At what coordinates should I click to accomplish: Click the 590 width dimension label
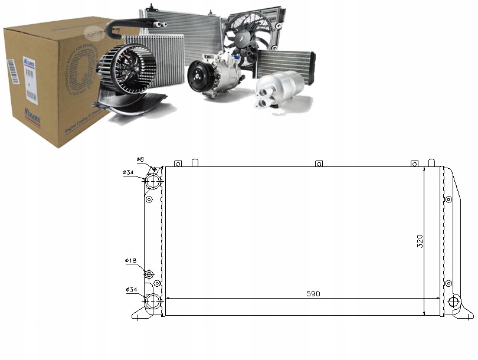coord(313,293)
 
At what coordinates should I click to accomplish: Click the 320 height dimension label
coord(420,241)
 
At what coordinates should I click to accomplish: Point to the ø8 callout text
coord(140,159)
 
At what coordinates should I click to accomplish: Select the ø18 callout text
coord(130,260)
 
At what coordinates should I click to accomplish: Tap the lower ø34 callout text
coord(130,289)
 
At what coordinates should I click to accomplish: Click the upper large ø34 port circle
coord(153,181)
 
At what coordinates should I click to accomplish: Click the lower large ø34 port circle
coord(153,302)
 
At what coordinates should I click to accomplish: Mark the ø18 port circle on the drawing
coord(149,274)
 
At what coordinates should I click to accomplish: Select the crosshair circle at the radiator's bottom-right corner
coord(453,302)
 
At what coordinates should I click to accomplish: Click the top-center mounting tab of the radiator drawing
coord(319,163)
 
